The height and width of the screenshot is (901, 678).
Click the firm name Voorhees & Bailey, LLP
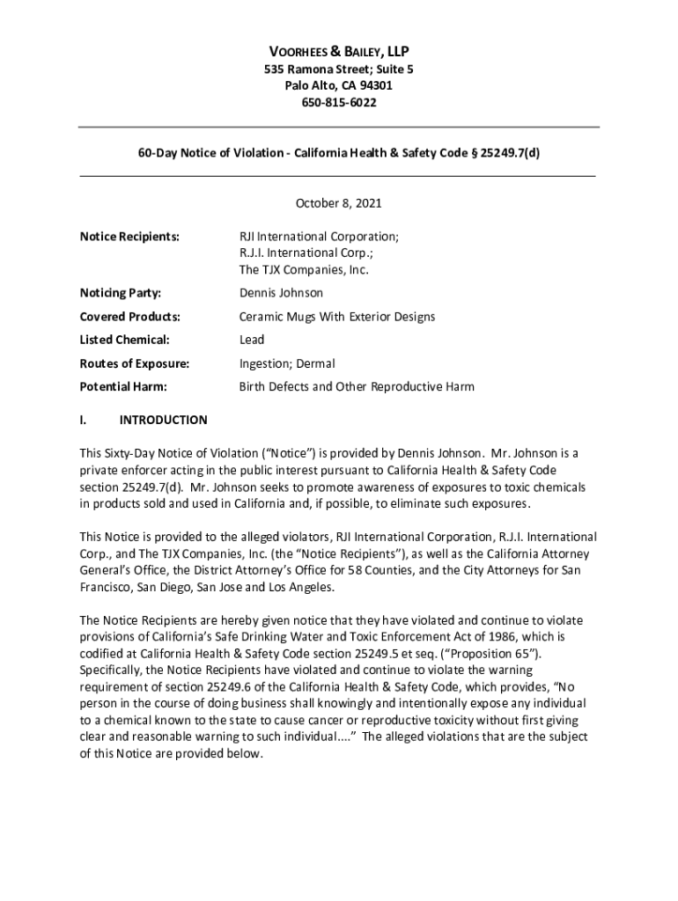pyautogui.click(x=338, y=52)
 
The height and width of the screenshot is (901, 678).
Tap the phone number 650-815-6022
pyautogui.click(x=338, y=103)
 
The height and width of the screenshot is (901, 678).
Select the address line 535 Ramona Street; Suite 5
pyautogui.click(x=338, y=70)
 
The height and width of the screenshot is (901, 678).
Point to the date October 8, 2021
pyautogui.click(x=338, y=203)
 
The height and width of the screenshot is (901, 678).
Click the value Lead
pyautogui.click(x=252, y=340)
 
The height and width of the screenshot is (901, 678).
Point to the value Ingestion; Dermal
pyautogui.click(x=287, y=363)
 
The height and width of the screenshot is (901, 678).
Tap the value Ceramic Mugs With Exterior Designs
pyautogui.click(x=337, y=317)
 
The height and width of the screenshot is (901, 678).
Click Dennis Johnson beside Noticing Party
pyautogui.click(x=281, y=293)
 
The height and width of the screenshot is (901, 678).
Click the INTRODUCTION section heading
pyautogui.click(x=164, y=420)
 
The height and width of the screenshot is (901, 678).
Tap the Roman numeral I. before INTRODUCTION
pyautogui.click(x=83, y=420)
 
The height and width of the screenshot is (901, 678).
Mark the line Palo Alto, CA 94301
pyautogui.click(x=338, y=86)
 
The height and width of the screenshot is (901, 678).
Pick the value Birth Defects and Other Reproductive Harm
pyautogui.click(x=357, y=386)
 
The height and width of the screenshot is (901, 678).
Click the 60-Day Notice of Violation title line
pyautogui.click(x=338, y=151)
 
